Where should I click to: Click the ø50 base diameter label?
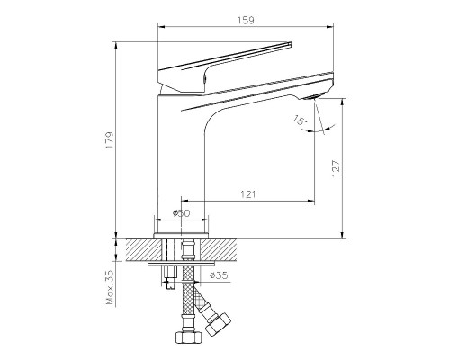point(182,213)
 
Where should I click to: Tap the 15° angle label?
point(296,119)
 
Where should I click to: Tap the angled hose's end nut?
point(221,323)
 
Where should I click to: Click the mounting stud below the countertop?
point(168,274)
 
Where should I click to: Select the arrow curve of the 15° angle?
point(315,126)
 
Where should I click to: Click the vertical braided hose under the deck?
point(187,297)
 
